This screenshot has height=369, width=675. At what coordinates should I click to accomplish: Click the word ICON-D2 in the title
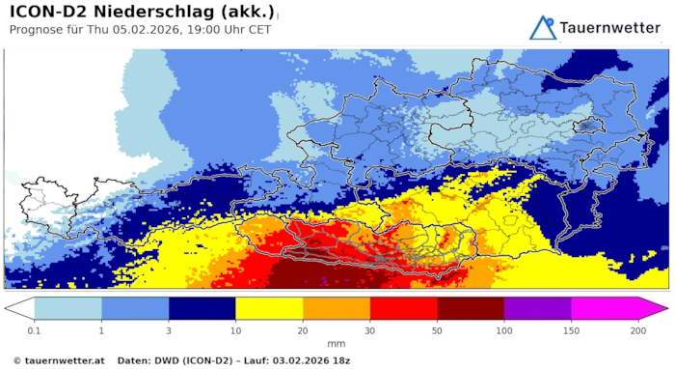48,12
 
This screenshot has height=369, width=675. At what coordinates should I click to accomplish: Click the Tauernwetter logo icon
543,27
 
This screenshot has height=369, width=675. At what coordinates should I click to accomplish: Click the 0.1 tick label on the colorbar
34,330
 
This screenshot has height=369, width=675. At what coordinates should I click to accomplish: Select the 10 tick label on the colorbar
235,330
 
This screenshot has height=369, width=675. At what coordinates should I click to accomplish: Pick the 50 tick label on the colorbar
437,330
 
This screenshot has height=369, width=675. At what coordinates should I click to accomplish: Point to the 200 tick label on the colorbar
638,330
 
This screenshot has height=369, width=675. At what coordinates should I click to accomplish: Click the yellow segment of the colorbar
269,308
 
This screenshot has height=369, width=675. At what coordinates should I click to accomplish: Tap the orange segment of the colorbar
337,308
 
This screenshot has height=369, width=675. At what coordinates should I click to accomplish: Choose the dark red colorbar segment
471,308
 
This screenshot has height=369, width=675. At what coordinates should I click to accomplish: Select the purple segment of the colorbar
537,308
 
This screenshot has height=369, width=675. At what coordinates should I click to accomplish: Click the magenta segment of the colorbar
605,308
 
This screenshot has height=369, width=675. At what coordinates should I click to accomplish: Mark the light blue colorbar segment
67,308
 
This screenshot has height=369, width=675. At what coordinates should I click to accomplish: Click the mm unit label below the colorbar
337,344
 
